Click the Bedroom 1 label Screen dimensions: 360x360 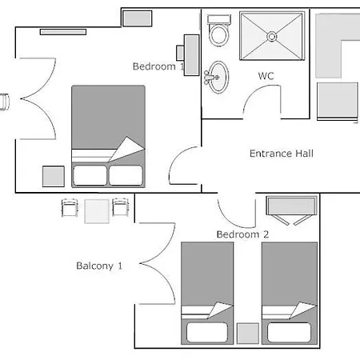coord(158,66)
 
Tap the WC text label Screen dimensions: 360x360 coord(266,76)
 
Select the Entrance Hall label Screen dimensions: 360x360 coord(282,154)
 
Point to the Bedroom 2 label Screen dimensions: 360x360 coord(242,234)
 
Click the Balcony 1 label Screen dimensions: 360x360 coord(99,266)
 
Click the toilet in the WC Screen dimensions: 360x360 coord(219,30)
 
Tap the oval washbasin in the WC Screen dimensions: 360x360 coord(218,78)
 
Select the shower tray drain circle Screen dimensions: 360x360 coord(272,37)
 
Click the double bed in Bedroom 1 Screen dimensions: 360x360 coord(108,136)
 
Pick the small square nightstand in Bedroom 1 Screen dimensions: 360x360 coord(54,176)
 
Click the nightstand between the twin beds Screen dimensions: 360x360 coord(248,334)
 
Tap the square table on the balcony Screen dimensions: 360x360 coord(97,211)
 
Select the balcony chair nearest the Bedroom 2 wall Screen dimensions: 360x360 coord(120,207)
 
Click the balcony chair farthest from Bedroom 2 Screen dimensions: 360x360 coord(70,207)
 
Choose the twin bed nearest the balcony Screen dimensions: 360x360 coord(207,294)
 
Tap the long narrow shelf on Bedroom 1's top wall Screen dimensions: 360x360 coord(63,32)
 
